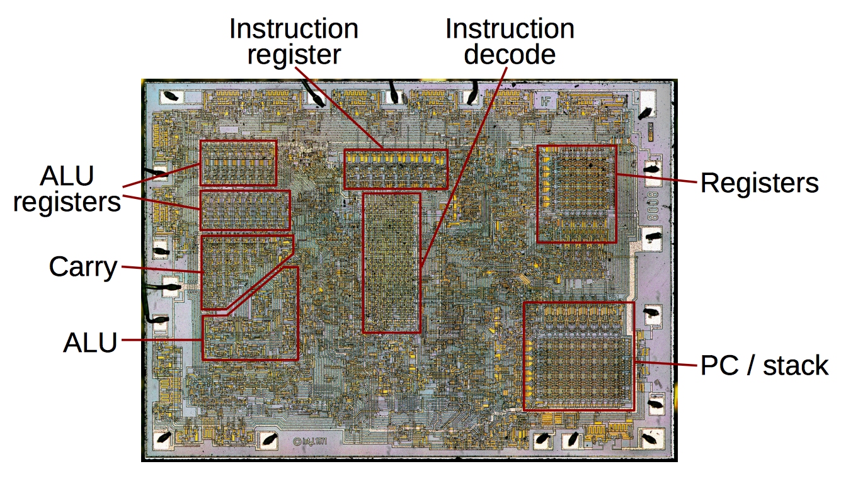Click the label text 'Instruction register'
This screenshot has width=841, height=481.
[294, 42]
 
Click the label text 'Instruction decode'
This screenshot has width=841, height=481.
[510, 42]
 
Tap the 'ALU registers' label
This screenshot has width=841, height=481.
[67, 189]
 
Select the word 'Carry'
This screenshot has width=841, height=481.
[83, 268]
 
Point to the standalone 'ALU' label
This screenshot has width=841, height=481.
[90, 343]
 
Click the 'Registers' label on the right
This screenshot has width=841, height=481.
[759, 183]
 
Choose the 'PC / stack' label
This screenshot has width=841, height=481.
[764, 365]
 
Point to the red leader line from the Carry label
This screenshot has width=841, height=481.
[161, 269]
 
